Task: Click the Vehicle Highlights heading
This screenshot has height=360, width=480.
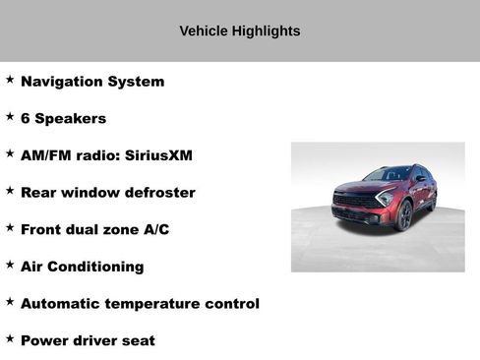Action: [x=239, y=31]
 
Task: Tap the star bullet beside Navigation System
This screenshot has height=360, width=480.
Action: [x=10, y=79]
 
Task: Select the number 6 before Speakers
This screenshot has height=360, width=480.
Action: [x=26, y=119]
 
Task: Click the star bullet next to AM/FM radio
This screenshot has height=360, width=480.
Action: [x=10, y=153]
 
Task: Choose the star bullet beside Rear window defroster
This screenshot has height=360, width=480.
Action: [x=10, y=190]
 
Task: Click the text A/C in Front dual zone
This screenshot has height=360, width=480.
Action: [x=156, y=229]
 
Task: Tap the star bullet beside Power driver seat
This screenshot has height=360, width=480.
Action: [x=10, y=338]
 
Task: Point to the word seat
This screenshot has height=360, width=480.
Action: [x=139, y=340]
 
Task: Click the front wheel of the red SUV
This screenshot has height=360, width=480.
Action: [x=404, y=216]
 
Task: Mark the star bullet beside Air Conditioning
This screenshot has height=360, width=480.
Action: [x=10, y=264]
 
